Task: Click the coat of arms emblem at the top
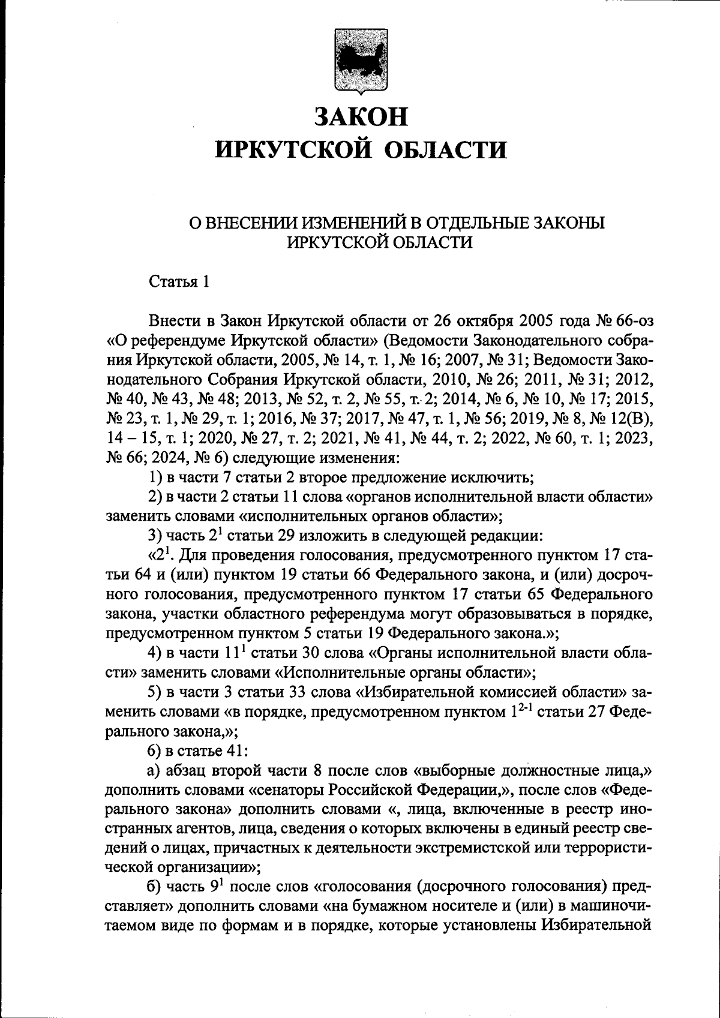click(361, 62)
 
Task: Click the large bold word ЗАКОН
click(361, 116)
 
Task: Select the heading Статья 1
click(179, 281)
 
